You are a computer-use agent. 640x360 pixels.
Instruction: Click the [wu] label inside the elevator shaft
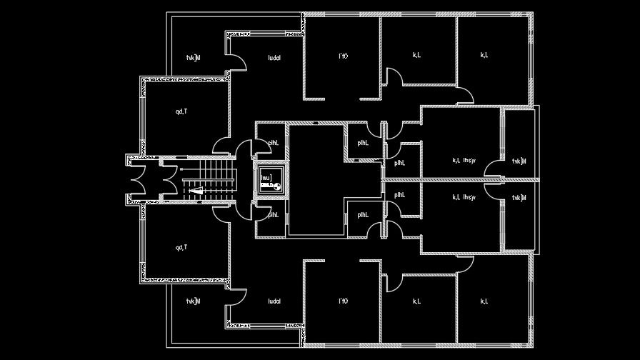pyautogui.click(x=266, y=176)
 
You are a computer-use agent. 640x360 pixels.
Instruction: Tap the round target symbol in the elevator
pyautogui.click(x=276, y=186)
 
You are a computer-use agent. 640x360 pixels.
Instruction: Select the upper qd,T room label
pyautogui.click(x=181, y=111)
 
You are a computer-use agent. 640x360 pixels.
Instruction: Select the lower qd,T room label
pyautogui.click(x=181, y=248)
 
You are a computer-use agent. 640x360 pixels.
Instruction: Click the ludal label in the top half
pyautogui.click(x=274, y=58)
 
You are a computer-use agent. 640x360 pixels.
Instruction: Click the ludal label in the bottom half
pyautogui.click(x=274, y=301)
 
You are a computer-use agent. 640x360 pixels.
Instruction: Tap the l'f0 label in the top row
pyautogui.click(x=343, y=55)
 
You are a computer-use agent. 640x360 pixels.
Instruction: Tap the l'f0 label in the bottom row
pyautogui.click(x=343, y=301)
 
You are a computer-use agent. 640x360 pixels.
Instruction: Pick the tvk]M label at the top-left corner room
pyautogui.click(x=193, y=58)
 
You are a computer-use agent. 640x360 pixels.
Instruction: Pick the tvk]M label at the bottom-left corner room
pyautogui.click(x=193, y=301)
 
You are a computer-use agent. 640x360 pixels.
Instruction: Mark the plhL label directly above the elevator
pyautogui.click(x=272, y=143)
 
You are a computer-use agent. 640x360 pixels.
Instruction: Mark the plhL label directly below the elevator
pyautogui.click(x=272, y=215)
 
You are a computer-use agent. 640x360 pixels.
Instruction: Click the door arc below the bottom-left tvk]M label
pyautogui.click(x=237, y=299)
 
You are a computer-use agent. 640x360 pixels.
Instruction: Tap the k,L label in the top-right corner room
pyautogui.click(x=484, y=55)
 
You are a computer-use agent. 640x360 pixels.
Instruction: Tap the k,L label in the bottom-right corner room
pyautogui.click(x=484, y=301)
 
